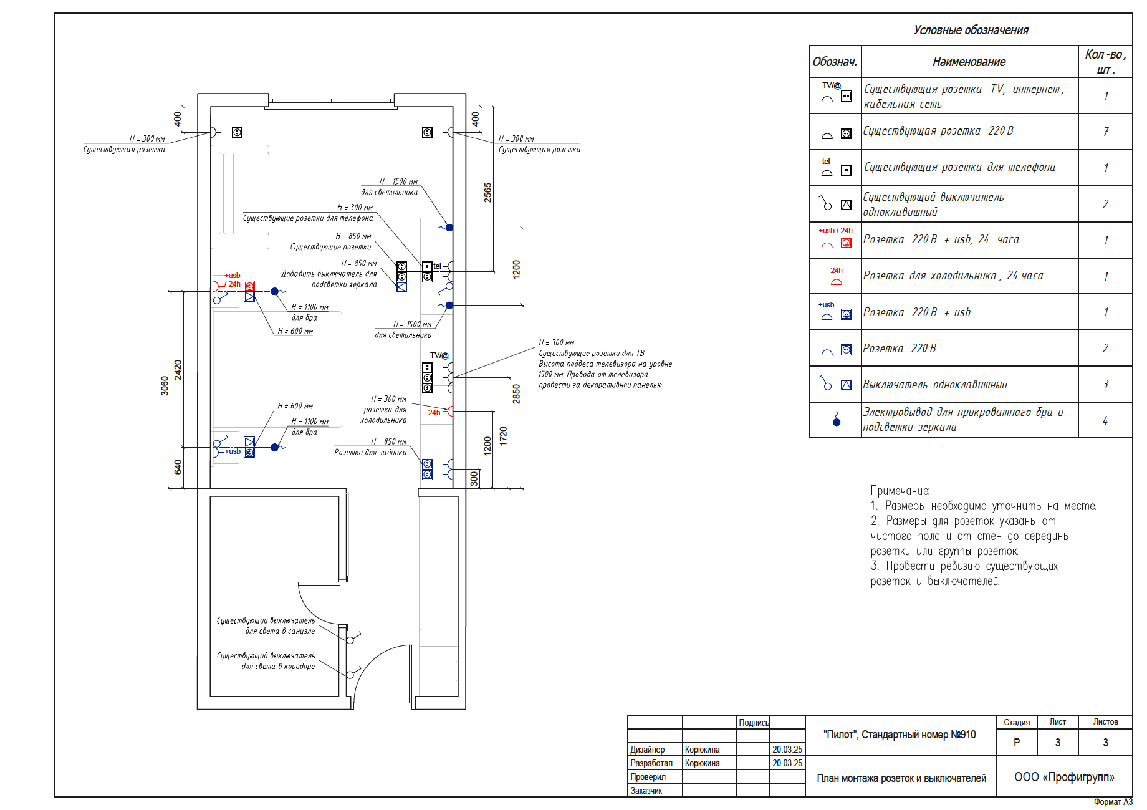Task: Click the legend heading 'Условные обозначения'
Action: click(971, 30)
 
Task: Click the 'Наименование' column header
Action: click(969, 62)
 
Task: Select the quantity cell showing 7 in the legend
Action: click(1106, 132)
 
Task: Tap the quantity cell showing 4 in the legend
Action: click(1105, 421)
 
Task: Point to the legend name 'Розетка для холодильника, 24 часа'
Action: click(953, 276)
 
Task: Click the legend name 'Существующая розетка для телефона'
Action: click(959, 167)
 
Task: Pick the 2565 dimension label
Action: click(487, 193)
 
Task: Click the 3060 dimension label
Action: click(165, 386)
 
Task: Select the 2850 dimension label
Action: click(516, 394)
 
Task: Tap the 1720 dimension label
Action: click(503, 436)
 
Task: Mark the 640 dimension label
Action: click(178, 466)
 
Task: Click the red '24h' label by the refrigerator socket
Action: click(434, 413)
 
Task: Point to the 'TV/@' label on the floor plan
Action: click(439, 355)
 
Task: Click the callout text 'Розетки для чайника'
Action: click(370, 452)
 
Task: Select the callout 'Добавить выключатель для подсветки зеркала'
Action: click(329, 279)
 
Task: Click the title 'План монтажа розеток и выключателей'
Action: click(901, 778)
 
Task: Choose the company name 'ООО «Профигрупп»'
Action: click(1064, 777)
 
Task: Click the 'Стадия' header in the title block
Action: click(1017, 722)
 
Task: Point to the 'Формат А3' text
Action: click(1113, 802)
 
